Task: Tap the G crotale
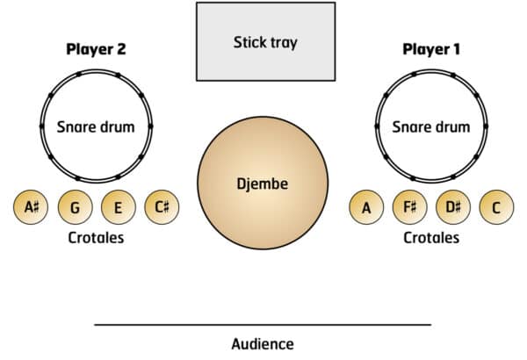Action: click(x=76, y=208)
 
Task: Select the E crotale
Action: click(x=118, y=208)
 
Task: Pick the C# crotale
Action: click(x=162, y=208)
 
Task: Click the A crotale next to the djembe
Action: click(x=366, y=208)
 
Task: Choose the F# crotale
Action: click(x=409, y=208)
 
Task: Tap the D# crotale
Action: click(x=453, y=208)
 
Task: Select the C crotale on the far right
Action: click(x=496, y=208)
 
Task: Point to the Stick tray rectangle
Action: click(x=265, y=42)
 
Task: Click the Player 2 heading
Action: click(x=96, y=48)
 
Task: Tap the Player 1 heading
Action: click(x=431, y=48)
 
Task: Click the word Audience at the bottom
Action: click(x=263, y=344)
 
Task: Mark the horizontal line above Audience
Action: click(x=263, y=325)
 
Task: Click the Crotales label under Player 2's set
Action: click(x=96, y=238)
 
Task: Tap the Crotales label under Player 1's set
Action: click(x=431, y=238)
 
